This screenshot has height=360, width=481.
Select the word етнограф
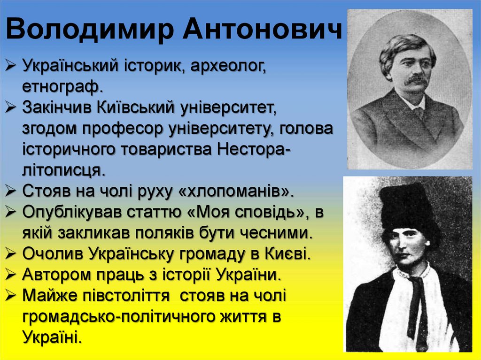[62, 86]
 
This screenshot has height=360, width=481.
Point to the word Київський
[138, 107]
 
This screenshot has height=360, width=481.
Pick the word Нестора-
[254, 149]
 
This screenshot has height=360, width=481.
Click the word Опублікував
[70, 212]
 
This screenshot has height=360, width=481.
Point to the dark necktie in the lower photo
[418, 305]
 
